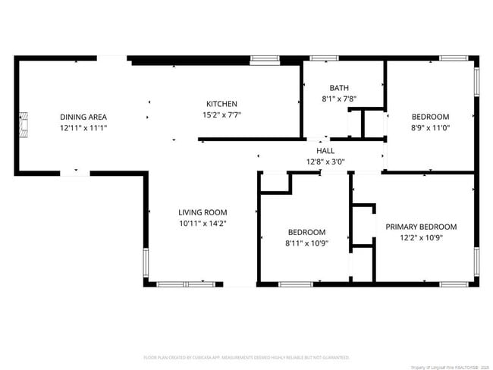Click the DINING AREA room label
[83, 117]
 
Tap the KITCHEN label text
[222, 104]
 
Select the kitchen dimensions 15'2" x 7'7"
[222, 115]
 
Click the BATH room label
[339, 88]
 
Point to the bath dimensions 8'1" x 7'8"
[339, 99]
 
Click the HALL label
[325, 151]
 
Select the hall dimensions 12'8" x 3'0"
[325, 161]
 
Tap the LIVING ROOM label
[203, 212]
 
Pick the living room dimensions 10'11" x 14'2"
[203, 224]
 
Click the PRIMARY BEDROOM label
[421, 227]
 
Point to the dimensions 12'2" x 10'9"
[421, 237]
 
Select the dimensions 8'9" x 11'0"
[430, 127]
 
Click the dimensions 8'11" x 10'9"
[306, 243]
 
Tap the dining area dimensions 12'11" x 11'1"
[83, 128]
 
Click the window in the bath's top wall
[325, 58]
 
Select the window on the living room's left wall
[146, 260]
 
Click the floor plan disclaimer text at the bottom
[246, 356]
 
